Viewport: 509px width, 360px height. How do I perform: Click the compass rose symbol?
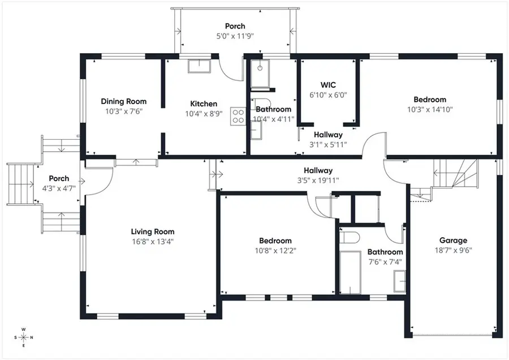[23, 337]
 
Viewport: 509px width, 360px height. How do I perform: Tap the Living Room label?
[153, 232]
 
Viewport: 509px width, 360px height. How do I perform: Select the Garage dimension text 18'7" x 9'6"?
[453, 250]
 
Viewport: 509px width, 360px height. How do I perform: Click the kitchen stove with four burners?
[238, 116]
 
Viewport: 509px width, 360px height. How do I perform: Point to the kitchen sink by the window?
[199, 66]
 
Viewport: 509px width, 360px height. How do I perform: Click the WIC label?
[328, 85]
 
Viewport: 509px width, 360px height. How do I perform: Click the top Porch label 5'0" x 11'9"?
[235, 36]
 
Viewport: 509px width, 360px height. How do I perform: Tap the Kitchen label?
[204, 104]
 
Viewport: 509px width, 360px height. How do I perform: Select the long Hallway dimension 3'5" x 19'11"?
[318, 181]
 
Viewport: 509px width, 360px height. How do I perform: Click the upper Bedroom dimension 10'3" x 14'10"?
[430, 109]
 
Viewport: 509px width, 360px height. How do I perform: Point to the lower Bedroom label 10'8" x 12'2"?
[275, 241]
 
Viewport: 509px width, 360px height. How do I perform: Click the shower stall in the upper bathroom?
[260, 74]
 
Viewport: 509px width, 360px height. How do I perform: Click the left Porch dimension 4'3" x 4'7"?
[59, 188]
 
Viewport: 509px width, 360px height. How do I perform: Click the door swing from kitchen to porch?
[229, 71]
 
